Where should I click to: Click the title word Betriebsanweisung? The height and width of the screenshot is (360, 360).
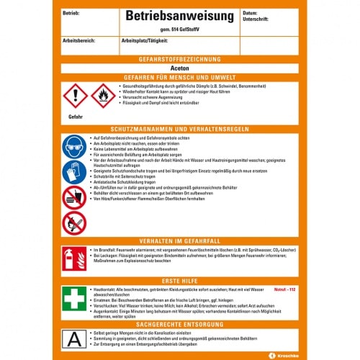[179, 15]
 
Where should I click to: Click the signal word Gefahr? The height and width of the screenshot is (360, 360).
[76, 116]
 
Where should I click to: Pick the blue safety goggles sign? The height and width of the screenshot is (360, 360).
[75, 147]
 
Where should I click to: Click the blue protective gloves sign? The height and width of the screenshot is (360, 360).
[75, 171]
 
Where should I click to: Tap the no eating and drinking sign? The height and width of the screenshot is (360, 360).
[75, 197]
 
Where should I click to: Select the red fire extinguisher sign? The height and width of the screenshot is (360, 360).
[74, 259]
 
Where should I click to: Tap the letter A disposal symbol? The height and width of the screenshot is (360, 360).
[74, 336]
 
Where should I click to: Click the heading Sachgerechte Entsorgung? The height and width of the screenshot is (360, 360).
[180, 324]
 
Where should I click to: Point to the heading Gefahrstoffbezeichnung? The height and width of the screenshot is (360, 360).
[180, 55]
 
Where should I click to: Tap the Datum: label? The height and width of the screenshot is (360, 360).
[250, 13]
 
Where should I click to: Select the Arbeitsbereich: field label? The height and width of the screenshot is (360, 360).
[79, 41]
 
